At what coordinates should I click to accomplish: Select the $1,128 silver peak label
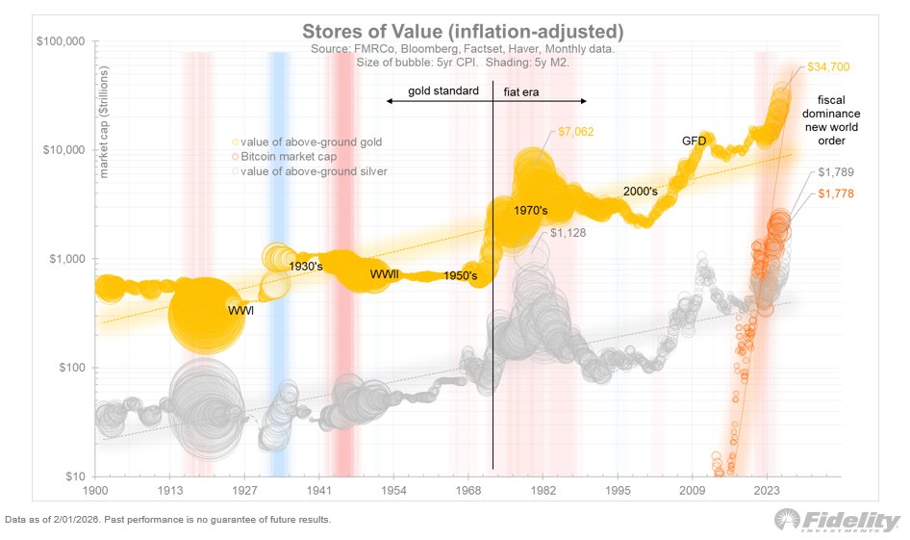(x=569, y=232)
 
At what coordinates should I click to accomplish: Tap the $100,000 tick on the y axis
(x=59, y=41)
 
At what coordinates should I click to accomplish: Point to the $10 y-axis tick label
(x=74, y=476)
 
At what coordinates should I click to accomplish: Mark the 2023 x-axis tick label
(x=768, y=490)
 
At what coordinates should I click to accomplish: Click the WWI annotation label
(x=241, y=311)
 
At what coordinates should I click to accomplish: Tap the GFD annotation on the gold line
(x=695, y=141)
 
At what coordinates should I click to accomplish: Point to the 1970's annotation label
(x=531, y=210)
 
